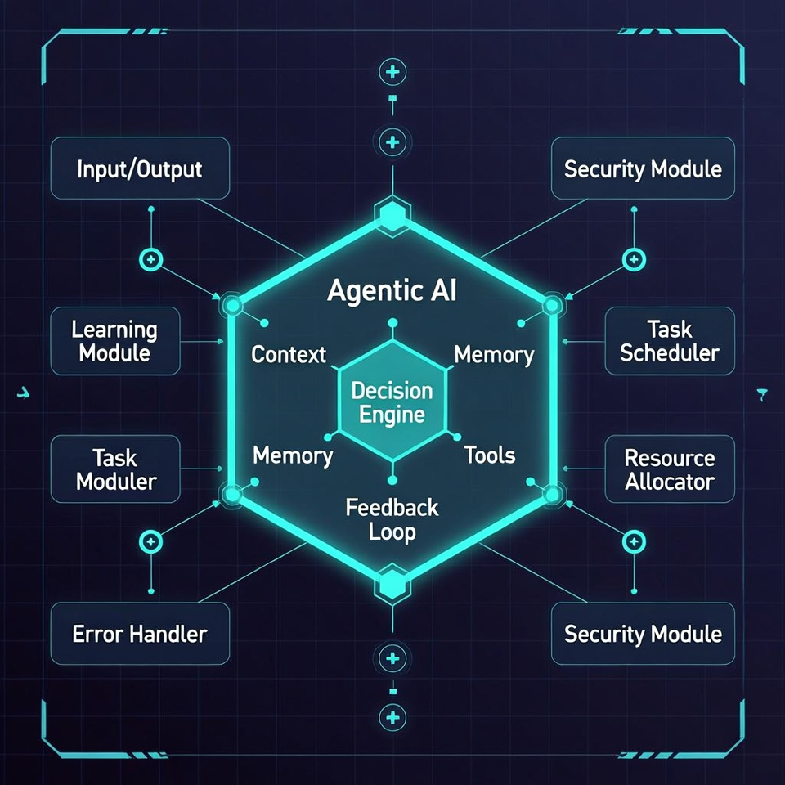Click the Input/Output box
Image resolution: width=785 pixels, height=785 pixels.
(x=139, y=169)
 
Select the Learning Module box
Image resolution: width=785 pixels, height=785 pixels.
(x=114, y=341)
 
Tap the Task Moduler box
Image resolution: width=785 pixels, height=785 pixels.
(x=116, y=469)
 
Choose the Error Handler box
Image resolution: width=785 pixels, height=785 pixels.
(x=139, y=633)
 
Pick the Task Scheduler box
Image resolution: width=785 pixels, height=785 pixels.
(x=670, y=341)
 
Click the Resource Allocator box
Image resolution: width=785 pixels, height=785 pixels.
(x=670, y=469)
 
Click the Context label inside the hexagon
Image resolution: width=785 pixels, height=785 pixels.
(x=289, y=354)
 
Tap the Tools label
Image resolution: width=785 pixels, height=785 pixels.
(x=490, y=455)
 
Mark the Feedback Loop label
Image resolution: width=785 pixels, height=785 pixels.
(x=392, y=519)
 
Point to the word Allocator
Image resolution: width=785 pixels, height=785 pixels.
(x=670, y=482)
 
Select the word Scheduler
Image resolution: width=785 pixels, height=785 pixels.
(x=670, y=353)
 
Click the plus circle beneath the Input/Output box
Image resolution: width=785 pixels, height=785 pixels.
(x=151, y=260)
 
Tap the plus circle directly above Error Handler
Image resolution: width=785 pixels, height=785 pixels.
(x=150, y=541)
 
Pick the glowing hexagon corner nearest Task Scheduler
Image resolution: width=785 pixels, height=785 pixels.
(x=551, y=307)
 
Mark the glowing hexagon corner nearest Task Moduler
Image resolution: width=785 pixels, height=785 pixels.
(x=232, y=494)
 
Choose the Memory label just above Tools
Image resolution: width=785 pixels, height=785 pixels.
(x=494, y=354)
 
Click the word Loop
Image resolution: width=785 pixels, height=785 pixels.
(x=392, y=532)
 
